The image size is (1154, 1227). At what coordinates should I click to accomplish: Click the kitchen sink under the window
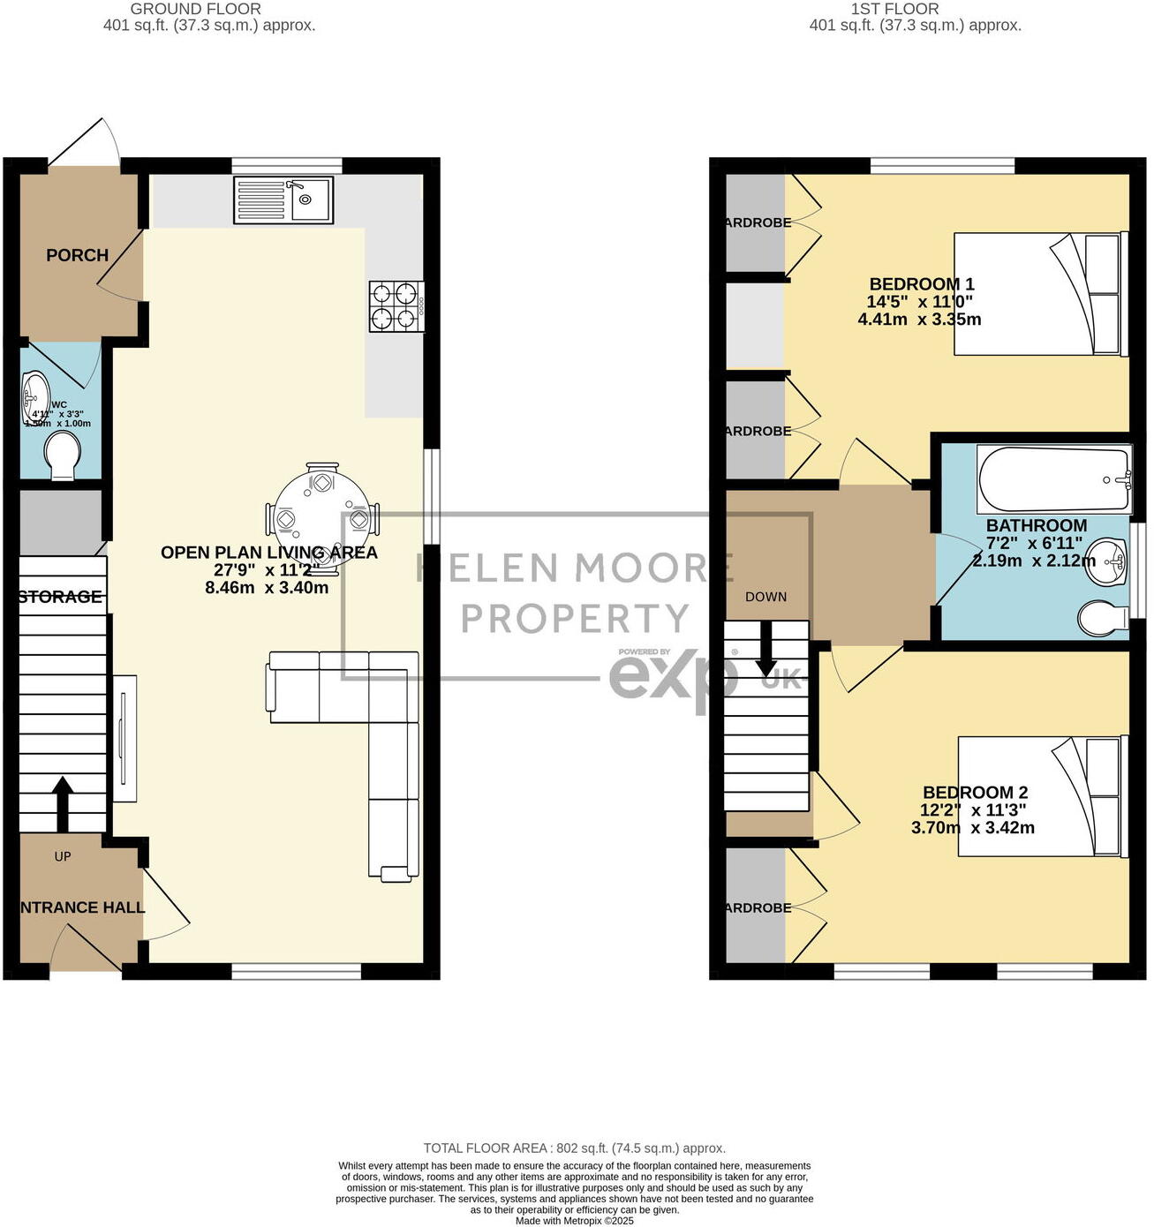283,199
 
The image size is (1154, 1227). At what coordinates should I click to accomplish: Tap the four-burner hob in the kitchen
396,305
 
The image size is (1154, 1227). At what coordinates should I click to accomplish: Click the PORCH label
78,255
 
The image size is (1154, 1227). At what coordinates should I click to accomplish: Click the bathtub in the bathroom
1053,479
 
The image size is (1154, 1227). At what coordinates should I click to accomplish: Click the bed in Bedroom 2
1043,796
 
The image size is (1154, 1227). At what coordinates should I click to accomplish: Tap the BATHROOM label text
1037,525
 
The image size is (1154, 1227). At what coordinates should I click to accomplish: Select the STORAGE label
60,597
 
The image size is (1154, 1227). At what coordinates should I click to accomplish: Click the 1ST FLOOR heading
894,9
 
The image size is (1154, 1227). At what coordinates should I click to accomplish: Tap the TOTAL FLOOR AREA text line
574,1148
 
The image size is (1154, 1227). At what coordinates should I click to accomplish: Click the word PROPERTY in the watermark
575,618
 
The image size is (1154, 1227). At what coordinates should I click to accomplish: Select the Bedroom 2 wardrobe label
758,907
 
